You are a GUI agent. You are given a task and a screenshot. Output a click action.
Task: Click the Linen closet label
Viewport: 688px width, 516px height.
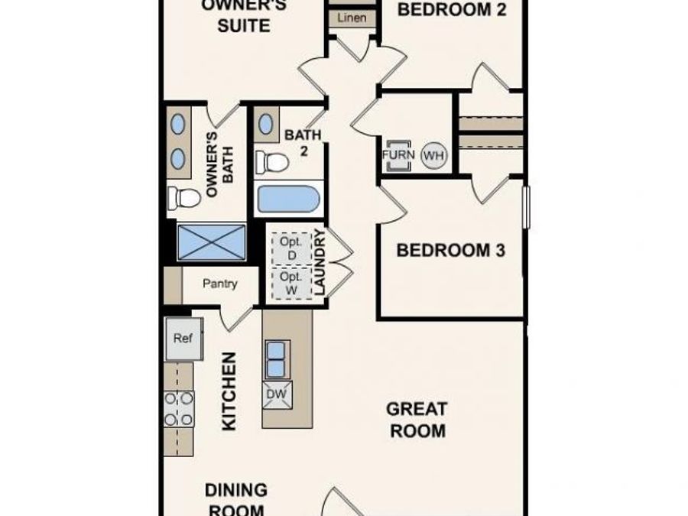point(352,18)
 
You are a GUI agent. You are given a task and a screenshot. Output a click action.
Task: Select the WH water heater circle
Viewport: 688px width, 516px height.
point(433,156)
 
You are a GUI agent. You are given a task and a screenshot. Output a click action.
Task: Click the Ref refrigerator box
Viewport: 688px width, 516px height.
point(183,339)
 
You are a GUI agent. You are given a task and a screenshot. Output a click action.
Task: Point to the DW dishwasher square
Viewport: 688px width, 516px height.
point(275,394)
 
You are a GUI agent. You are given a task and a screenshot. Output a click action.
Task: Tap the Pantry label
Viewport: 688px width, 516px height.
point(220,284)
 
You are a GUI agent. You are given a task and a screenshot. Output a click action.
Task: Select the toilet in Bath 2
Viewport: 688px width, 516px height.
point(273,161)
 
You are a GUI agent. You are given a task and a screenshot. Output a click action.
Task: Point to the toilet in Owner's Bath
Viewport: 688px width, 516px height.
point(184,198)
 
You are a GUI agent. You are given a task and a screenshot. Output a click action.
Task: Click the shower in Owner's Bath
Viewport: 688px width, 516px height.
point(212,242)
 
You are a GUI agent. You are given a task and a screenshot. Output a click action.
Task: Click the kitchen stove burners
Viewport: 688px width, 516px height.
point(179,408)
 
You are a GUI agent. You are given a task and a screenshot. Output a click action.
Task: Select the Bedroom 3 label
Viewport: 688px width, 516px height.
point(451,250)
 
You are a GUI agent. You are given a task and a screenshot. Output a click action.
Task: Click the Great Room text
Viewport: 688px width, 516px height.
point(417,420)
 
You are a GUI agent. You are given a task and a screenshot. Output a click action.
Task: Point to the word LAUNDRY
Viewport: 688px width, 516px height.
point(320,263)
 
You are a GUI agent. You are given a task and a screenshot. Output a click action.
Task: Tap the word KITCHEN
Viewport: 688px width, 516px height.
point(229,391)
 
